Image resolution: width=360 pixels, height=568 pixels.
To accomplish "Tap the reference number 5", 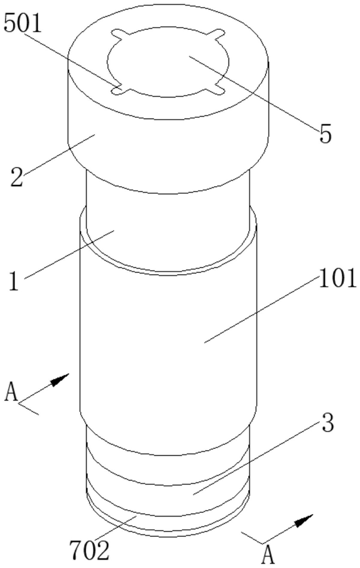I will coord(325,134).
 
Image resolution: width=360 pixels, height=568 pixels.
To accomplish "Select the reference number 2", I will coord(16,178).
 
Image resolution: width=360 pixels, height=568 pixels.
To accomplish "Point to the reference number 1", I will coord(13,280).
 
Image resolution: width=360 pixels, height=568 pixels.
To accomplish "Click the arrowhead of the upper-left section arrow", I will coord(63,378).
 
